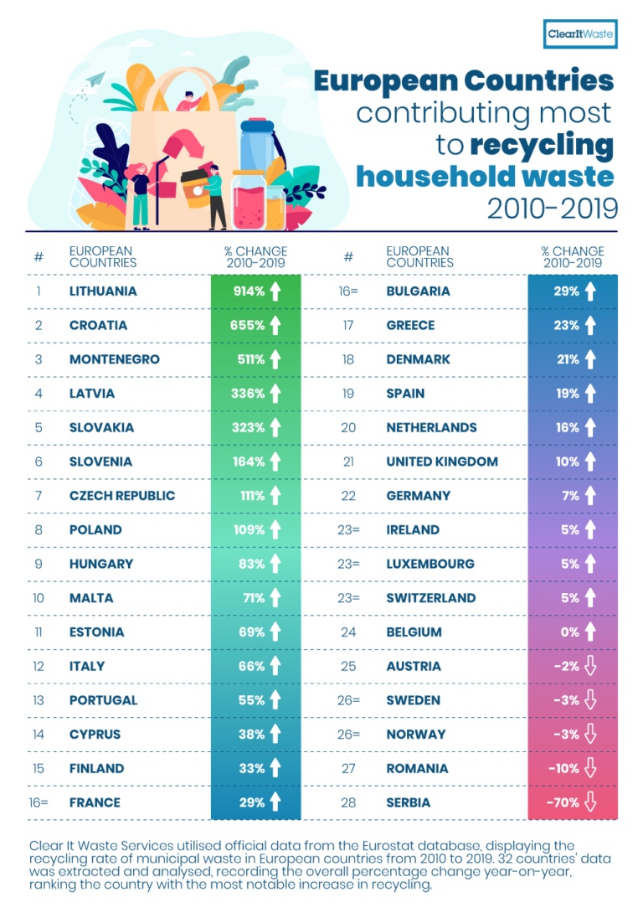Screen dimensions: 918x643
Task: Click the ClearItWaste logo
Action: [x=580, y=34]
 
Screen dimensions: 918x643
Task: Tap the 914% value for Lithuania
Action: [x=249, y=291]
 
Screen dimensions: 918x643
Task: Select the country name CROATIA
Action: [x=98, y=325]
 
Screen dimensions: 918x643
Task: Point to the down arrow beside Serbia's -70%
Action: [x=590, y=802]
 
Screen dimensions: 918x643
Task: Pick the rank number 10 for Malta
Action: [x=38, y=598]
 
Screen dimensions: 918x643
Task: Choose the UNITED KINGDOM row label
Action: [x=442, y=462]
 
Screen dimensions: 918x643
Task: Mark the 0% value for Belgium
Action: [x=569, y=632]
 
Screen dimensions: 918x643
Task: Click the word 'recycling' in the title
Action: [x=541, y=144]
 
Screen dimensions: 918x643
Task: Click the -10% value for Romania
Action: [x=564, y=768]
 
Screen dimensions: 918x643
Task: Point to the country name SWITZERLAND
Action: [x=430, y=598]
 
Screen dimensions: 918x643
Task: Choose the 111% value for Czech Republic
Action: [x=252, y=496]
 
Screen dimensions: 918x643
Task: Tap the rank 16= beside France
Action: [x=38, y=802]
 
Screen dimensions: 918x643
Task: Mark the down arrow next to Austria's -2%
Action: [x=590, y=667]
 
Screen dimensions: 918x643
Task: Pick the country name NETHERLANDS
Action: [x=431, y=427]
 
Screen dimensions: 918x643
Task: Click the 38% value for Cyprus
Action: [x=251, y=735]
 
